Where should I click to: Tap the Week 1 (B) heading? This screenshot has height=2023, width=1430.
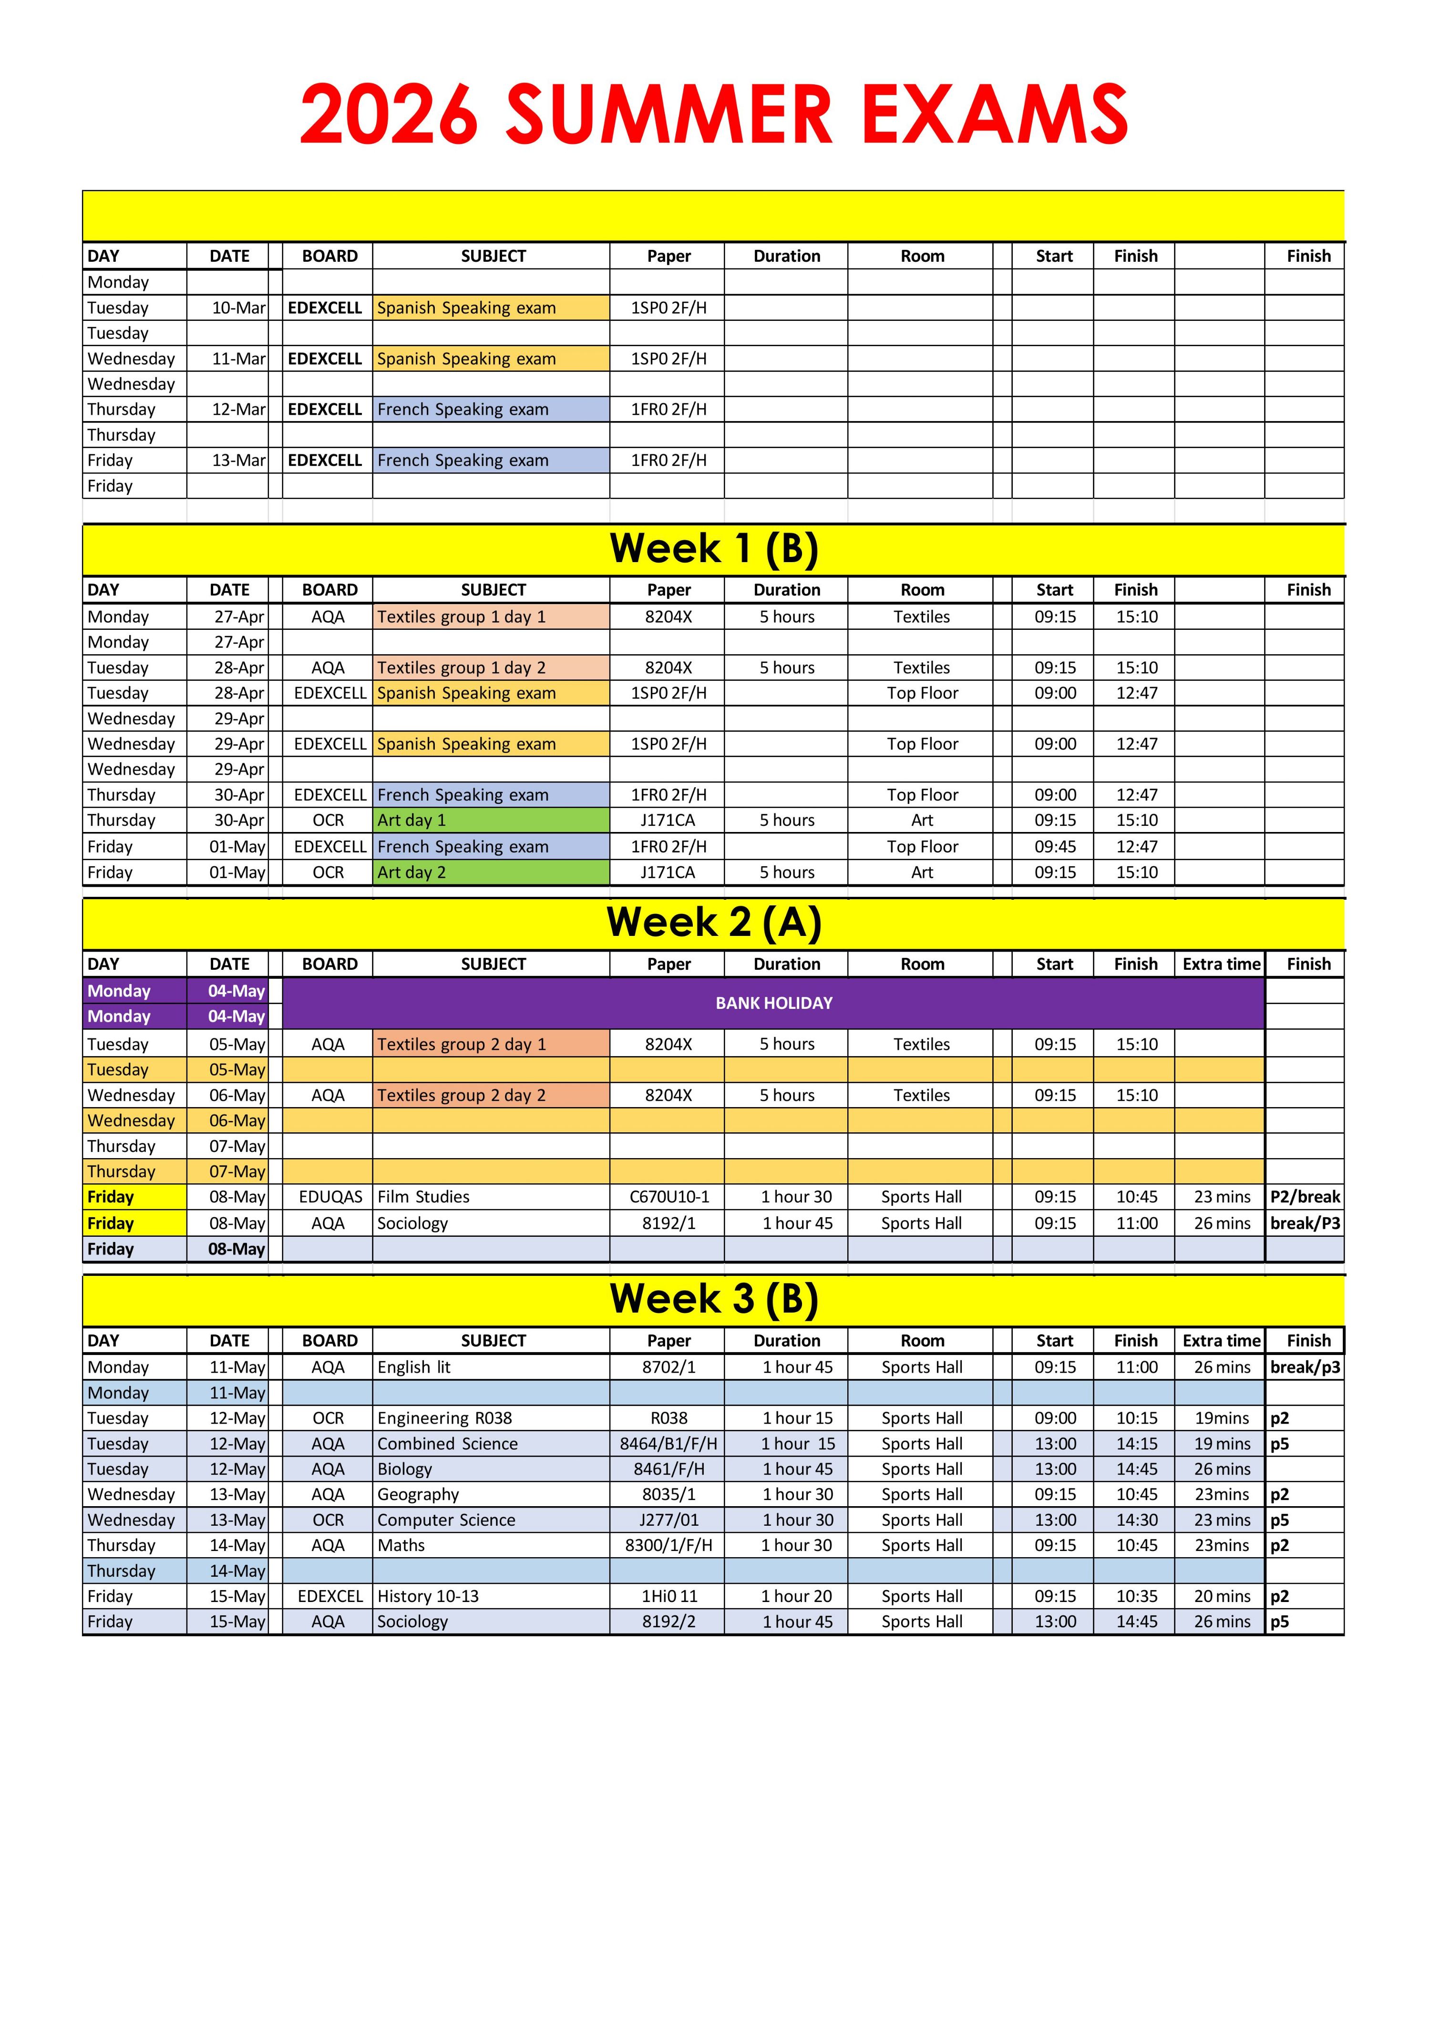[x=714, y=549]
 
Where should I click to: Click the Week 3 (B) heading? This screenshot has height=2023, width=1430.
[x=714, y=1299]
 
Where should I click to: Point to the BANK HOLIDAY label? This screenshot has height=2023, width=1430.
[x=773, y=1003]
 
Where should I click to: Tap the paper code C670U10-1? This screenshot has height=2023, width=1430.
[x=669, y=1197]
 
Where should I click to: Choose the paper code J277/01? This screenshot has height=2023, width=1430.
[x=669, y=1520]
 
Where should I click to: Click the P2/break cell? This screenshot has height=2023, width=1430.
[x=1305, y=1197]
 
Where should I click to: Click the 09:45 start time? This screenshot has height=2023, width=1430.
[x=1055, y=847]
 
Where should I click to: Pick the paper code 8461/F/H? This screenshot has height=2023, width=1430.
[x=669, y=1469]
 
